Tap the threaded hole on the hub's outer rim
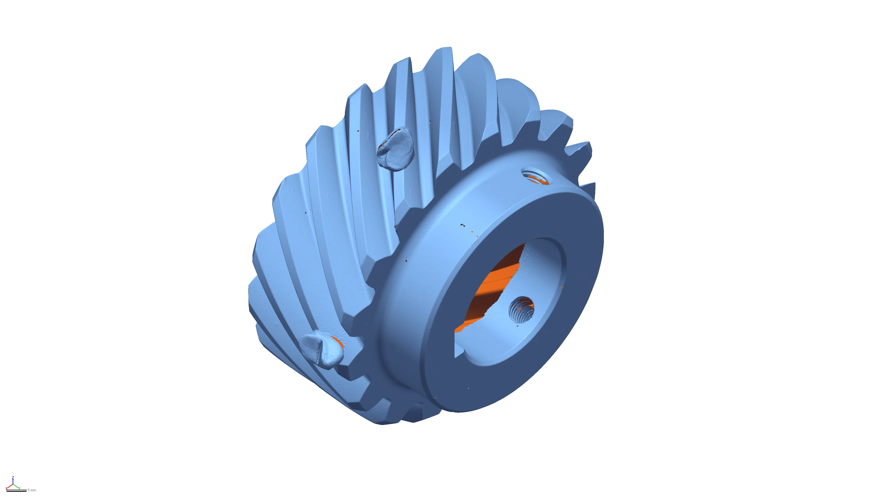[x=535, y=175]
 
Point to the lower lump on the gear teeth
[x=322, y=349]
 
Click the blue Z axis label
[x=13, y=477]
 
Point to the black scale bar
[x=16, y=491]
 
